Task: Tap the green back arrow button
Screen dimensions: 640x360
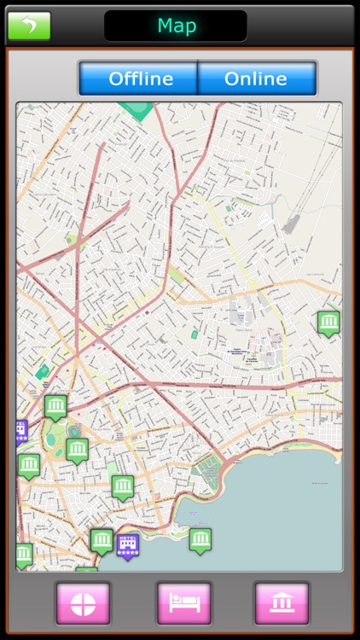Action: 29,26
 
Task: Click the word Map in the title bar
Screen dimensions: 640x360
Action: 176,26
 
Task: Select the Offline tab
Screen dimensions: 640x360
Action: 140,79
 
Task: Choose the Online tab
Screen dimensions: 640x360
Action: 256,79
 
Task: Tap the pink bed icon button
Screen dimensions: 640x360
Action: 183,603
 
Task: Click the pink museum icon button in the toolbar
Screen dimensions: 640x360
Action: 281,603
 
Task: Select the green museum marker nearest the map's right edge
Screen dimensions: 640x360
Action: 328,322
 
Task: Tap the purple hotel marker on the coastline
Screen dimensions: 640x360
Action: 128,544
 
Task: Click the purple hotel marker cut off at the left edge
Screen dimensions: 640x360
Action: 20,430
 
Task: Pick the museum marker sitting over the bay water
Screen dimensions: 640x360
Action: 200,539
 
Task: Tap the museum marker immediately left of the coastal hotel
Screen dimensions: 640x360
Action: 102,539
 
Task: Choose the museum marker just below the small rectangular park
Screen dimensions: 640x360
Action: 122,486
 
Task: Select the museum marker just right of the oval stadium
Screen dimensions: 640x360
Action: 78,448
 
